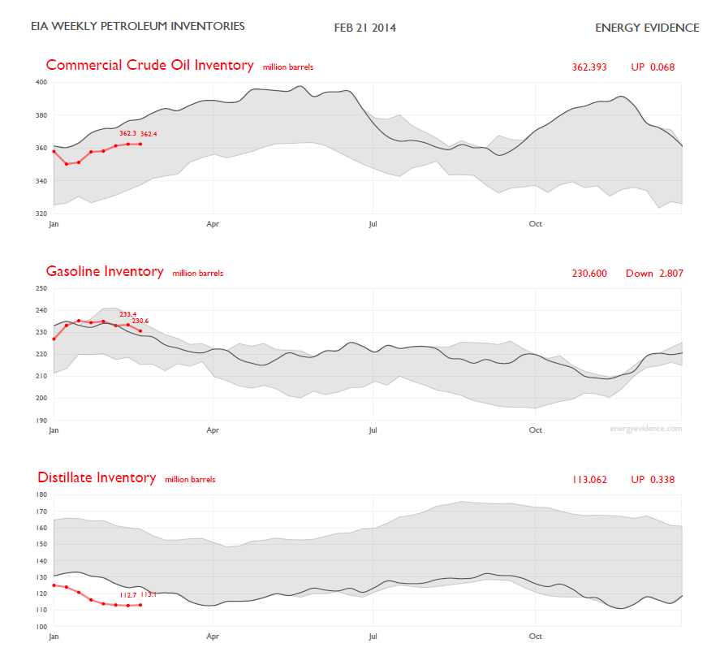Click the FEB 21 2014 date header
point(365,28)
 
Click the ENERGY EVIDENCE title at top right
point(647,28)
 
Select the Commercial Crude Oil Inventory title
point(149,65)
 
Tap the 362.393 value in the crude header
point(589,67)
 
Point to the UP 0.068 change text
point(653,67)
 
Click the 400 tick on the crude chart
point(41,82)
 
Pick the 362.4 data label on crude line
point(149,134)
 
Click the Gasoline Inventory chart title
point(105,271)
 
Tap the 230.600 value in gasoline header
point(589,274)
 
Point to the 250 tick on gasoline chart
point(41,288)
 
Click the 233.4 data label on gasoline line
point(127,314)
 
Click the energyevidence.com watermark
point(646,428)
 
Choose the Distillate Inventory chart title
point(97,477)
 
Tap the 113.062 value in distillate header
point(589,480)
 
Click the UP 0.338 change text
point(653,480)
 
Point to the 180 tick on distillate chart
point(41,494)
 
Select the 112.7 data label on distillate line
point(127,595)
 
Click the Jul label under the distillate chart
point(373,636)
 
